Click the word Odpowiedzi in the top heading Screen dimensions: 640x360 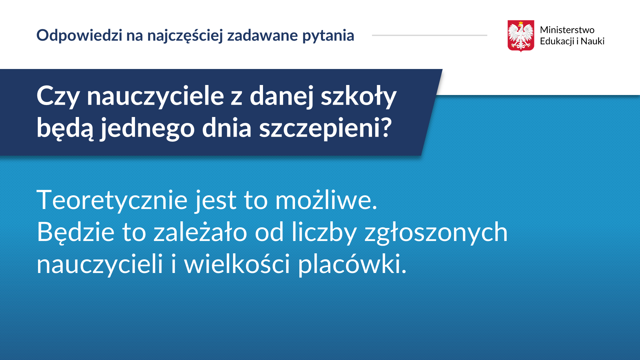click(79, 35)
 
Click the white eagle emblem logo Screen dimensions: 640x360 click(521, 36)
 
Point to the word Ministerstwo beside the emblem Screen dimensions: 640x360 click(567, 30)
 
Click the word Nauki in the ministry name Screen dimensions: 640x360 click(592, 41)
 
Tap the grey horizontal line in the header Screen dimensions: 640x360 click(429, 35)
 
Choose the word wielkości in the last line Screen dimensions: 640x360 click(237, 263)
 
